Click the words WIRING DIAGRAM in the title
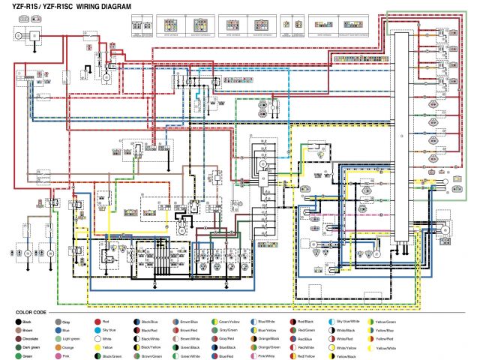[x=103, y=6]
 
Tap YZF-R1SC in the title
[x=57, y=6]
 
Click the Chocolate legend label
[x=34, y=339]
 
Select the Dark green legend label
[x=35, y=348]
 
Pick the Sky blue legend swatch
[x=96, y=330]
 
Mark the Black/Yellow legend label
[x=153, y=348]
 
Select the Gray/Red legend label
[x=232, y=339]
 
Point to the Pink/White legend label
[x=271, y=357]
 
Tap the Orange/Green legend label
[x=272, y=348]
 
